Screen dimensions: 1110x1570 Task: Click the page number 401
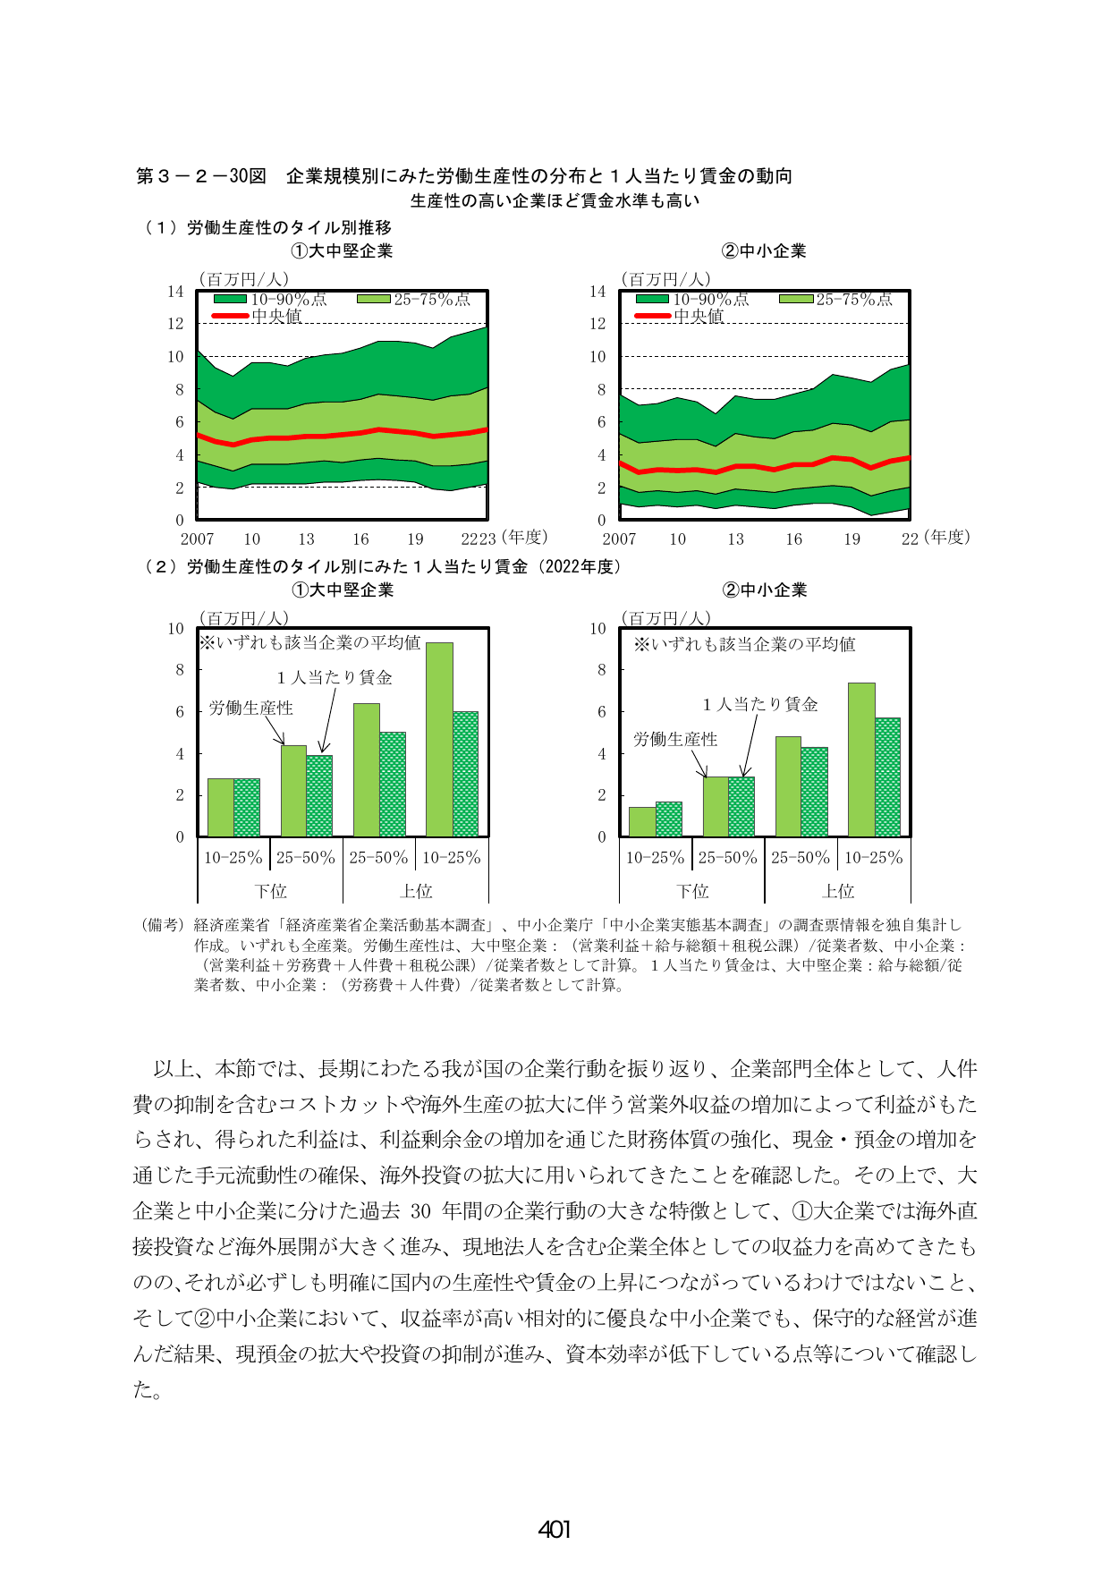[x=555, y=1530]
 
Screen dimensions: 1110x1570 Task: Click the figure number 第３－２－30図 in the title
[x=201, y=176]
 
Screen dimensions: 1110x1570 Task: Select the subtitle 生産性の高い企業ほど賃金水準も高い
[x=555, y=200]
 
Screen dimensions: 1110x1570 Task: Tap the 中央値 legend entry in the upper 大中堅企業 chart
[x=258, y=316]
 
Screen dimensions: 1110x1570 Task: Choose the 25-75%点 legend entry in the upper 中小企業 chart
[x=836, y=299]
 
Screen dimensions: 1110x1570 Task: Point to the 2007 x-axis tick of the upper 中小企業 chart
[x=619, y=539]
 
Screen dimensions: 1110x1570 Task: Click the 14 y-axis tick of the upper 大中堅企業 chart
[x=175, y=291]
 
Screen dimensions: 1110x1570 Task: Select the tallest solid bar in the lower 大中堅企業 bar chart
[x=439, y=740]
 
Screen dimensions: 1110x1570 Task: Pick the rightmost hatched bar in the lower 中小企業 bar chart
[x=887, y=777]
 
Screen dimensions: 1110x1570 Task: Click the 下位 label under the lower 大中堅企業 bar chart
[x=270, y=891]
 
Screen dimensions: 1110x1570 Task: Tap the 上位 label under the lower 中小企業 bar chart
[x=838, y=891]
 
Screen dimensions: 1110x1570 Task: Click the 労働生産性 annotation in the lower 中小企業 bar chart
[x=675, y=739]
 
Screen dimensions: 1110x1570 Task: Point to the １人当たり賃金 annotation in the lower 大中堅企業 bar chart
[x=335, y=677]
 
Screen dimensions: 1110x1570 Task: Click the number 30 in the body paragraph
[x=420, y=1211]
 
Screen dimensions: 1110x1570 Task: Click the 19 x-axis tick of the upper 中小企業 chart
[x=852, y=539]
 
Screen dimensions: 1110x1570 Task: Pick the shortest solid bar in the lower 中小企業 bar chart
[x=642, y=822]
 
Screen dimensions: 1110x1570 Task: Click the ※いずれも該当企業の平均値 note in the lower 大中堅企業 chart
[x=309, y=642]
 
